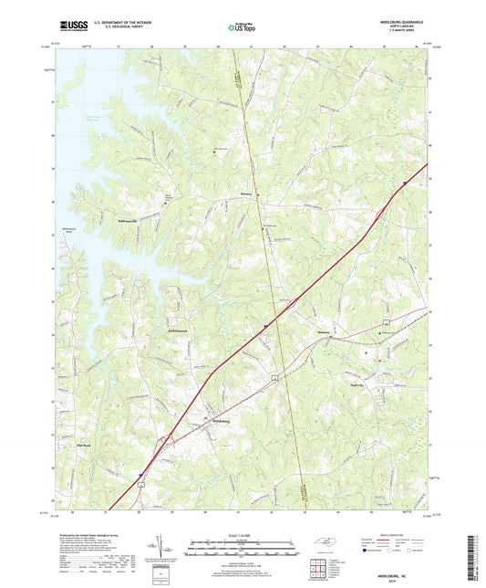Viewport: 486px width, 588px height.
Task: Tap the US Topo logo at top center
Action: [x=238, y=28]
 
